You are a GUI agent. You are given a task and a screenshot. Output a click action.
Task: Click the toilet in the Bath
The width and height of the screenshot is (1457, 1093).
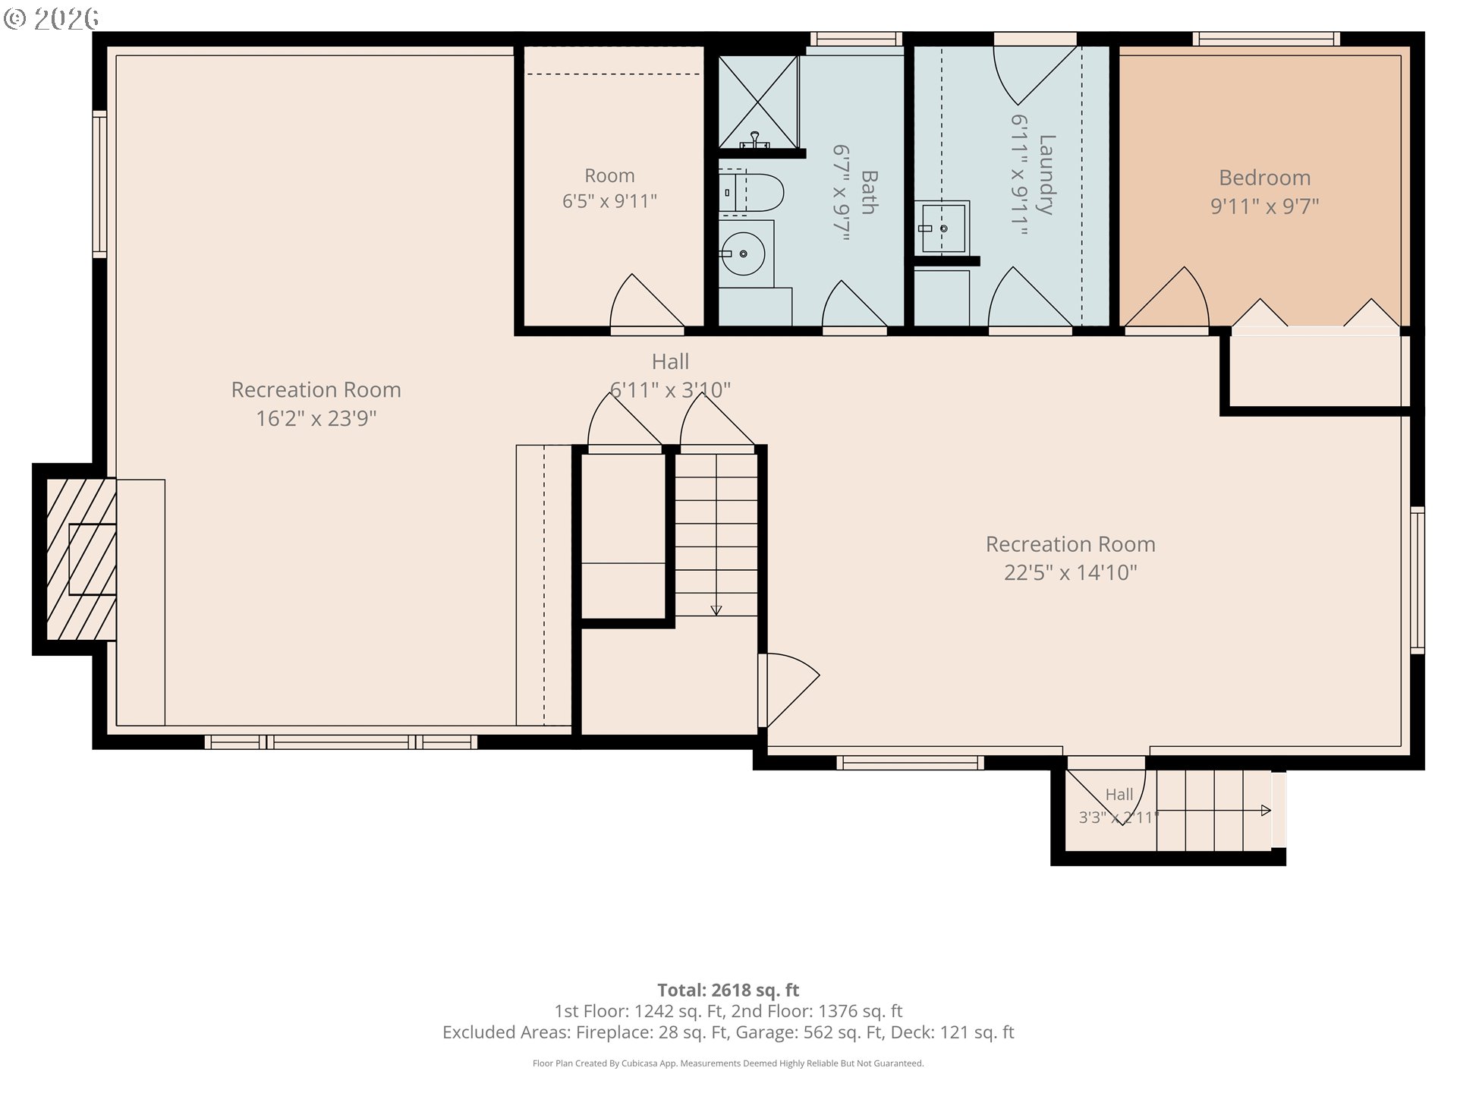point(751,193)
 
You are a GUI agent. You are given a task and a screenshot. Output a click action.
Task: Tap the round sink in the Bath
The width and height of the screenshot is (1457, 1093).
point(742,254)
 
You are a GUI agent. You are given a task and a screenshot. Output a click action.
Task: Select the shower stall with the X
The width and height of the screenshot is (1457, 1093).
point(758,102)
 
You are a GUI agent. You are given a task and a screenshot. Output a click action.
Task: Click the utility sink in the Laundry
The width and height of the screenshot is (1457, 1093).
point(942,227)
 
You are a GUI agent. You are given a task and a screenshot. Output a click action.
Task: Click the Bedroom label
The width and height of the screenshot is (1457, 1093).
point(1264,178)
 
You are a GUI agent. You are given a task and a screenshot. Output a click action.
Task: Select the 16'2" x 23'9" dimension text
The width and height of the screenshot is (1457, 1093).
point(316,418)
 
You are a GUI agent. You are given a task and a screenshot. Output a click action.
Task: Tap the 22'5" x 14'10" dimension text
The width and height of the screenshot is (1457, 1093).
point(1070,572)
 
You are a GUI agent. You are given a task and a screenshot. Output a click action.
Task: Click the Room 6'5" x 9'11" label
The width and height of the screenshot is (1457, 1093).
point(609,188)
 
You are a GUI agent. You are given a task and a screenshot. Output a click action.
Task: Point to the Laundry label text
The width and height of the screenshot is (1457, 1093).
point(1046,175)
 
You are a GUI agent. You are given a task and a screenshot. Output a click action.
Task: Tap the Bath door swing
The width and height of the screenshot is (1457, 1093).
point(854,304)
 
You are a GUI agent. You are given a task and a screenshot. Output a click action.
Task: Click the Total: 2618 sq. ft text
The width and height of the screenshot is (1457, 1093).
point(728,990)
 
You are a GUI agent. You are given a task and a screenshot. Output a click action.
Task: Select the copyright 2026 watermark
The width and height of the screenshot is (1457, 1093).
point(52,18)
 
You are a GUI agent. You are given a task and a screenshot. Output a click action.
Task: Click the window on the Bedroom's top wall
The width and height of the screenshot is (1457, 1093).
point(1266,39)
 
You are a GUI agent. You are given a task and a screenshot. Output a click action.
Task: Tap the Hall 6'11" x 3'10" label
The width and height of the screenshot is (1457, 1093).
point(670,376)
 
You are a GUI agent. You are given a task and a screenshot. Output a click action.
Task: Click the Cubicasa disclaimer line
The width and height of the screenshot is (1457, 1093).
point(728,1063)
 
